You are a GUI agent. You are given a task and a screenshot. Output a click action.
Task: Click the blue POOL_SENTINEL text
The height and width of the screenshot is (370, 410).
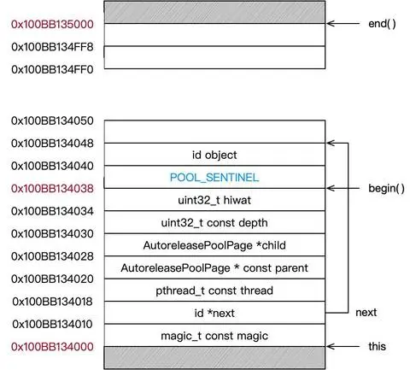pos(214,177)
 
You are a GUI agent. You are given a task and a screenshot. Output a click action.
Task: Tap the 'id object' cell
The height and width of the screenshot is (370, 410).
pos(214,155)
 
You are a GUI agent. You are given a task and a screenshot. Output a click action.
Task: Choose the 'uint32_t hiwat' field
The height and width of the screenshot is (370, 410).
pos(214,200)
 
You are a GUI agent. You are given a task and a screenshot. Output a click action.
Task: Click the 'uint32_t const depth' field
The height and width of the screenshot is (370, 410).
pos(214,222)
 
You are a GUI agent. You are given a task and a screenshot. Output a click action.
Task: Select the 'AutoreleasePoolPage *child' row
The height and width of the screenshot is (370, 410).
pos(214,245)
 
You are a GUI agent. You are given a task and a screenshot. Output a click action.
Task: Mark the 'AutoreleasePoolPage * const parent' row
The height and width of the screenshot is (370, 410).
pos(214,267)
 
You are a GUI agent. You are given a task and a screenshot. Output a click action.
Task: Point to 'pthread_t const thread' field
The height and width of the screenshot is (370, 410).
pos(214,291)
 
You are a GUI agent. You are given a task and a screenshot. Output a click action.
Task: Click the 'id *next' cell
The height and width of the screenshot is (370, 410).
pos(214,313)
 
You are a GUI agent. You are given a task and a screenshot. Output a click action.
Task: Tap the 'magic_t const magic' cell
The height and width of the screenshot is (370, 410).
pos(214,335)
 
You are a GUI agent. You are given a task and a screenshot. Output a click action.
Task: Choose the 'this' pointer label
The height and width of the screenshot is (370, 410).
pos(376,346)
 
